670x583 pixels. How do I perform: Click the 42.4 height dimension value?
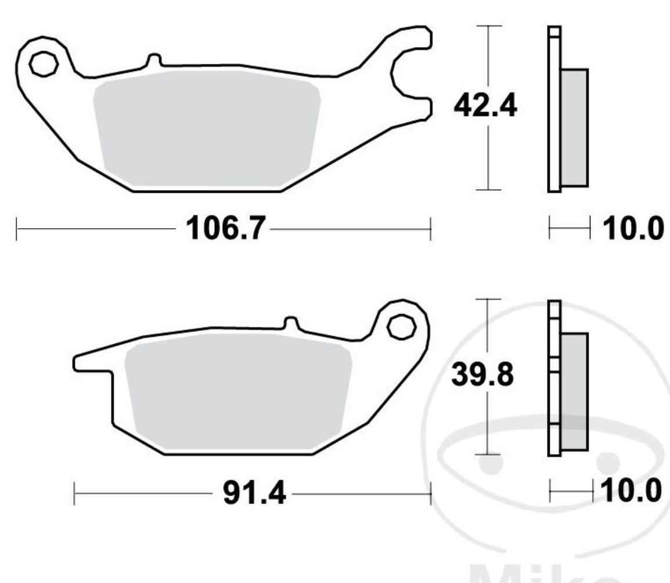[484, 107]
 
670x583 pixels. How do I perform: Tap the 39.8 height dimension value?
[483, 375]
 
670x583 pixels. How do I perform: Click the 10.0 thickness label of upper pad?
[632, 229]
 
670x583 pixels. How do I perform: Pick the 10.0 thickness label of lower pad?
[632, 492]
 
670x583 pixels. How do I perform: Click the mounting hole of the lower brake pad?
[401, 327]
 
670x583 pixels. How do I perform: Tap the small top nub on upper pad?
[154, 60]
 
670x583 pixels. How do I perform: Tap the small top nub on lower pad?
[290, 323]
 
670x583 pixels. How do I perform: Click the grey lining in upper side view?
[574, 128]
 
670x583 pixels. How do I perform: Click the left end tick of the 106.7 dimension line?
[17, 229]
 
